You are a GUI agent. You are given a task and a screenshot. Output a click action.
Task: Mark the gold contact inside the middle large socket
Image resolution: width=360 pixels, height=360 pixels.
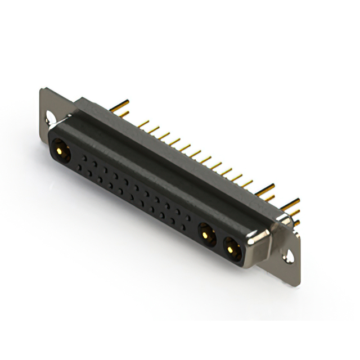(205, 232)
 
